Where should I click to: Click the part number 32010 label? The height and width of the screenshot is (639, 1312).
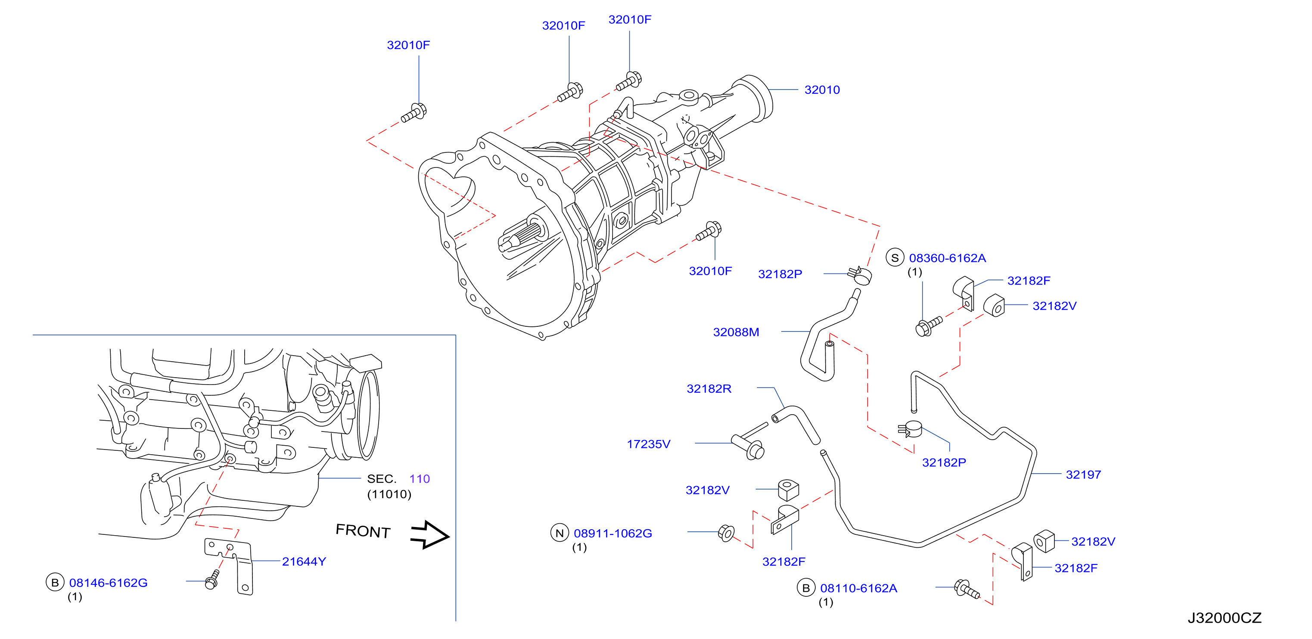pyautogui.click(x=821, y=90)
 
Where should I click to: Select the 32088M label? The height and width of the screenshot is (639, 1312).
pyautogui.click(x=736, y=332)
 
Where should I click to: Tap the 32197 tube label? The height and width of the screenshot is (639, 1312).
pyautogui.click(x=1083, y=475)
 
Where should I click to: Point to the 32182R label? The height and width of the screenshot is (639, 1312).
pyautogui.click(x=709, y=389)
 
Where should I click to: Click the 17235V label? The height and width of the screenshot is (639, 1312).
pyautogui.click(x=648, y=444)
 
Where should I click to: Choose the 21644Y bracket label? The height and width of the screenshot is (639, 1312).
pyautogui.click(x=304, y=561)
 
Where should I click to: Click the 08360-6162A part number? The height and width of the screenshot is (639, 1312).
pyautogui.click(x=947, y=258)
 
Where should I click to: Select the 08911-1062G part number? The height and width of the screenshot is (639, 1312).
pyautogui.click(x=612, y=534)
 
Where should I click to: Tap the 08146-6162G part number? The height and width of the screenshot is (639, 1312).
pyautogui.click(x=109, y=583)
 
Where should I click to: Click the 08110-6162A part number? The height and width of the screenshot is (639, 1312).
pyautogui.click(x=859, y=589)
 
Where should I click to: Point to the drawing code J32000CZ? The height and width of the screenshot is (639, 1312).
pyautogui.click(x=1225, y=618)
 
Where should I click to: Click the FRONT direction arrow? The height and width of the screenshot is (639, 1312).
pyautogui.click(x=430, y=535)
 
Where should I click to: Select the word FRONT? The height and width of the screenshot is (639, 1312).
pyautogui.click(x=363, y=531)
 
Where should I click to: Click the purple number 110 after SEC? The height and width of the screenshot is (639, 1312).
pyautogui.click(x=420, y=479)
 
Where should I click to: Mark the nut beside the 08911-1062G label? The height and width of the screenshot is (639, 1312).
pyautogui.click(x=726, y=533)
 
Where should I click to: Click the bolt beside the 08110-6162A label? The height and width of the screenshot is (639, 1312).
pyautogui.click(x=966, y=589)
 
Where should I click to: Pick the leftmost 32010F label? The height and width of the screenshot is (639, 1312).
pyautogui.click(x=408, y=45)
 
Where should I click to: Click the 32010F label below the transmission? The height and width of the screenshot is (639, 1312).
pyautogui.click(x=711, y=271)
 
